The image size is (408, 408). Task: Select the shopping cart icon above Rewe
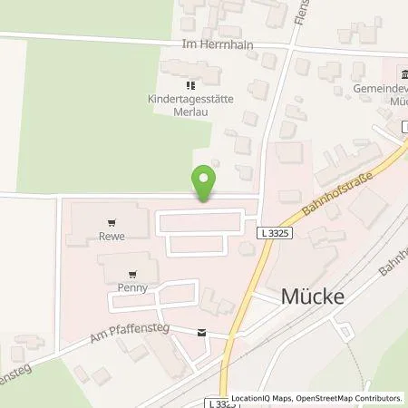(x=112, y=220)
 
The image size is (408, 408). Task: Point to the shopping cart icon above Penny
(x=133, y=272)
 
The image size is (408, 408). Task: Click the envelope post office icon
(x=200, y=332)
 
